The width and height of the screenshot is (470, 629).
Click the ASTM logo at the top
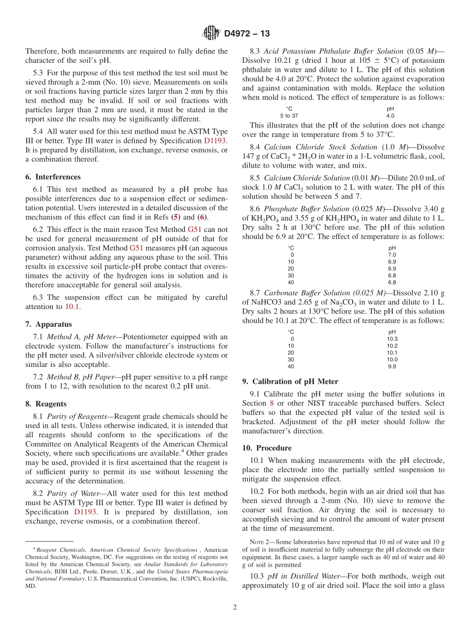[x=211, y=34]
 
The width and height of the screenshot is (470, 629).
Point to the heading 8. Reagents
[x=46, y=404]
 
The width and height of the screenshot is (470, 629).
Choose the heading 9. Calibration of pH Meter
[x=290, y=381]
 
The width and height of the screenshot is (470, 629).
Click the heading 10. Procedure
[x=267, y=448]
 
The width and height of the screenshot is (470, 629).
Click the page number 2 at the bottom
[x=235, y=607]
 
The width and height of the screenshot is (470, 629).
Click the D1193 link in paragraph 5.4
[x=215, y=141]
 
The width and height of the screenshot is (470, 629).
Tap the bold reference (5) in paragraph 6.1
[x=175, y=217]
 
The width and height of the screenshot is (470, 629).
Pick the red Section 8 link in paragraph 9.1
[x=271, y=403]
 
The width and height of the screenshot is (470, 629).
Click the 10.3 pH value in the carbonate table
[x=391, y=339]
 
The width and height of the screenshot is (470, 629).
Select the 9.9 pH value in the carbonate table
[x=391, y=366]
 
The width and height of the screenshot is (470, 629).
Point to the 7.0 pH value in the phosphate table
[x=391, y=255]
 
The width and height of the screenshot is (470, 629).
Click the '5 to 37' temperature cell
[x=289, y=116]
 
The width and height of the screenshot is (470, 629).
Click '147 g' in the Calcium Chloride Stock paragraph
[x=252, y=156]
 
